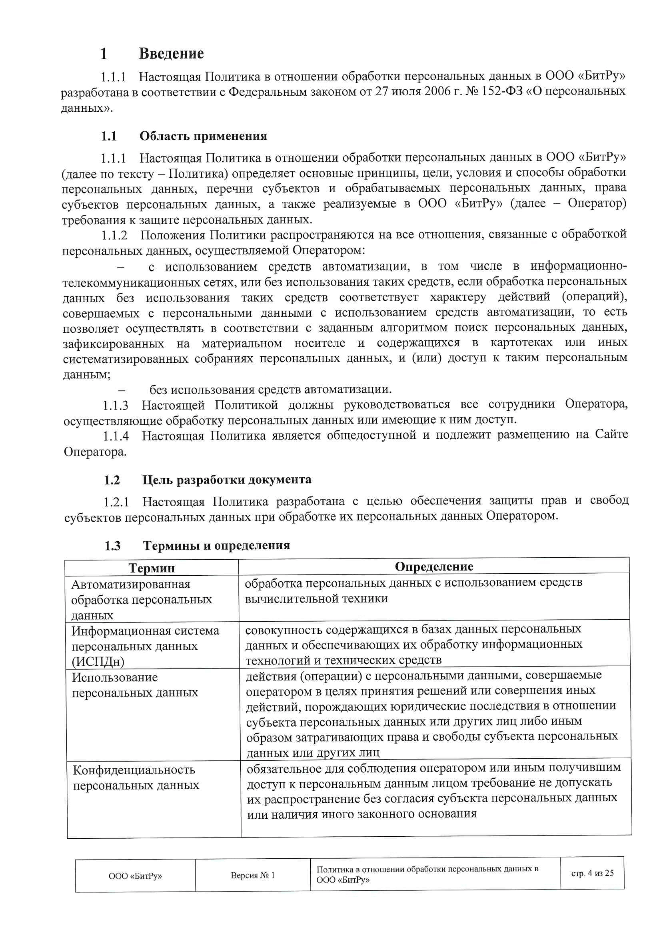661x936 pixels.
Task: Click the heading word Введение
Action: point(171,53)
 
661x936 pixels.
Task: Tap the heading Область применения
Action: point(203,136)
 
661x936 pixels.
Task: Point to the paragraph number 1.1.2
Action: point(114,235)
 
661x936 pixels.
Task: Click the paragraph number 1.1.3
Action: point(116,405)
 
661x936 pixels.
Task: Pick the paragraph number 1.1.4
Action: point(116,436)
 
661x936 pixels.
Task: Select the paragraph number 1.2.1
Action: point(116,502)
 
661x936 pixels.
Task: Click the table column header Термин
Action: point(152,568)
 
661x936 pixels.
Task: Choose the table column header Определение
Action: point(434,566)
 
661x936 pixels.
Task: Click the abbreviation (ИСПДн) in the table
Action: point(98,661)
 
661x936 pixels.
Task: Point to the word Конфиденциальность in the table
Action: point(134,770)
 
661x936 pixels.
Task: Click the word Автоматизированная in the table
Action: point(131,584)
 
